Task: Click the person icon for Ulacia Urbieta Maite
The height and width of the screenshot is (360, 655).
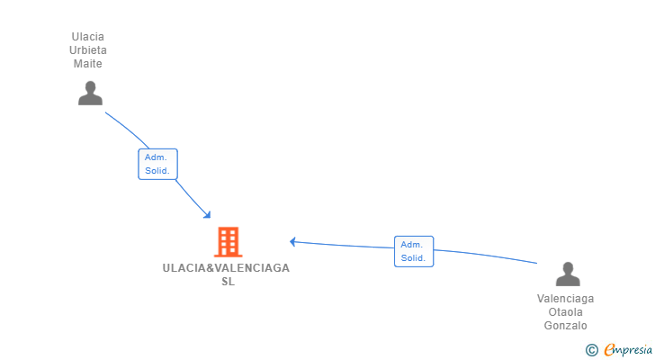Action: [90, 93]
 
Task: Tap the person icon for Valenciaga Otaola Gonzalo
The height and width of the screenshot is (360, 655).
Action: [568, 274]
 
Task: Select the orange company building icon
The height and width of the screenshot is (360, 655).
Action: [228, 241]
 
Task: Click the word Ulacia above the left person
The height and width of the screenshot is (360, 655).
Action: [88, 37]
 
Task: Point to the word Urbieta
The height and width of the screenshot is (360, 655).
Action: [88, 50]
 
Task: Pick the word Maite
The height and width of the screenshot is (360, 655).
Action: [88, 64]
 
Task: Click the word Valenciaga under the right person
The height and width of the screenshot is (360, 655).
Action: [565, 299]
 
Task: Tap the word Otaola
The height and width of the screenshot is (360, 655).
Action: [565, 312]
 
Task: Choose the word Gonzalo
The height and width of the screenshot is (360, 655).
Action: [565, 326]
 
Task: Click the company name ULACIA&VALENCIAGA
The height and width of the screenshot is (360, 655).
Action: [227, 268]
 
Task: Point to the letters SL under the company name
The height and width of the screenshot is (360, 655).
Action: [228, 282]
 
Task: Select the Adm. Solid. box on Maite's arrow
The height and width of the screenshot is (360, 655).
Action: [157, 164]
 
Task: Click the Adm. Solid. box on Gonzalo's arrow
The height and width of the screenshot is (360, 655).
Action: [413, 251]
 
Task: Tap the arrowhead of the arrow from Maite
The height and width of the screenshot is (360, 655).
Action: [208, 215]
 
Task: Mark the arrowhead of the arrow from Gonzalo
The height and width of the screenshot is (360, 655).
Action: [292, 241]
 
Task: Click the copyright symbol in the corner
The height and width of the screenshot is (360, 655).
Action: [591, 350]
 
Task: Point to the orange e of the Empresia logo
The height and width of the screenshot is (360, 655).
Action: [609, 350]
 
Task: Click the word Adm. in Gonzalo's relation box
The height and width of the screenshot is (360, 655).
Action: [412, 245]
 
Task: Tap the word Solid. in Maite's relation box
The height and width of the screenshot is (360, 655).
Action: [157, 171]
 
